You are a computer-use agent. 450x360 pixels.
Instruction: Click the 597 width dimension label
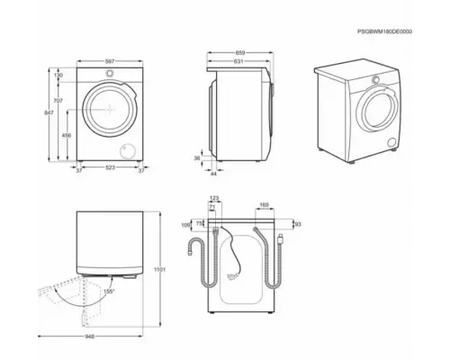(110, 61)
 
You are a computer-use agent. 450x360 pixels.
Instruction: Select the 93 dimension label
(298, 224)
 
